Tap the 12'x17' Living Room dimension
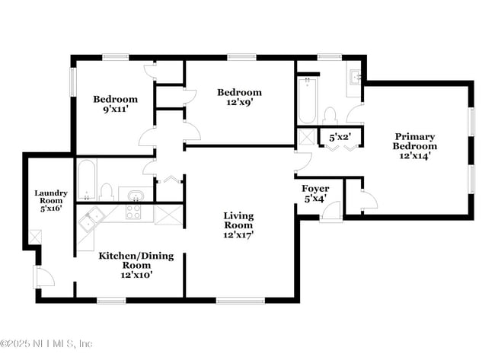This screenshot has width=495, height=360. [x=238, y=235]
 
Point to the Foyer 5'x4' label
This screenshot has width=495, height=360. [x=315, y=193]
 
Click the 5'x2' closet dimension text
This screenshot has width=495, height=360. [x=340, y=138]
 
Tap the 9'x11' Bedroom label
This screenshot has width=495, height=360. [x=115, y=104]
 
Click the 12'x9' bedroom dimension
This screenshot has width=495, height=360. [x=240, y=102]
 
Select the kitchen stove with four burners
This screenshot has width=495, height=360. [x=133, y=212]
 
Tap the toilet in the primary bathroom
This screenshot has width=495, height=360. [x=331, y=116]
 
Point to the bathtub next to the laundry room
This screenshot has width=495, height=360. [x=87, y=180]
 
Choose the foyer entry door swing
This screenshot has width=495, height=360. [x=330, y=211]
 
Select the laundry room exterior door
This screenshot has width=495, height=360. [x=44, y=277]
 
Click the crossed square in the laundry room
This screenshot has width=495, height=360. [x=34, y=237]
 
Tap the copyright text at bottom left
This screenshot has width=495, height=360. [x=46, y=343]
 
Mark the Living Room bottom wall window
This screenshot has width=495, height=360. [x=241, y=301]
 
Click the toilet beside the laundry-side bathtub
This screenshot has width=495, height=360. [x=106, y=192]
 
